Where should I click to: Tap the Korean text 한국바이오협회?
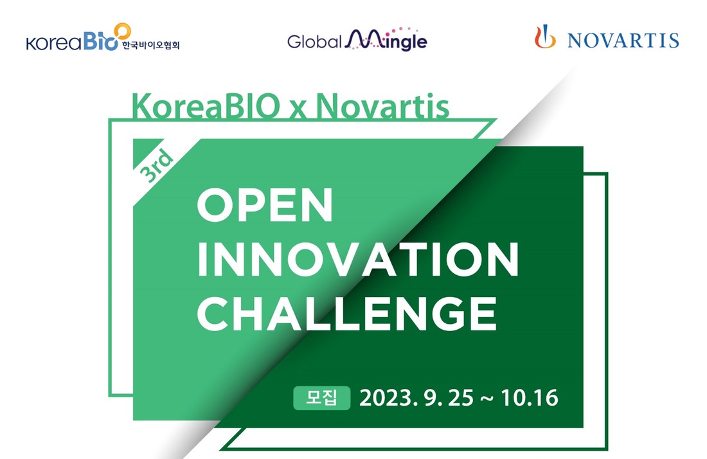coord(150,45)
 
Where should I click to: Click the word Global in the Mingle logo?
coord(314,42)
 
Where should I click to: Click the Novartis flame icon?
coord(545,37)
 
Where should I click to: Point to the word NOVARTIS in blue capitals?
coord(623,40)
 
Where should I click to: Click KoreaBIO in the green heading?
coord(206,107)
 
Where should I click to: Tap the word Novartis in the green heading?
coord(382,107)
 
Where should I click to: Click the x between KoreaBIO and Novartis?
coord(298,110)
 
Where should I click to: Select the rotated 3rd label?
coord(156,166)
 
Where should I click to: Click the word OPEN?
coord(265,205)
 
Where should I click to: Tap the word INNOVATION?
coord(358,259)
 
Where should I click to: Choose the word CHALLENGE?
coord(347,314)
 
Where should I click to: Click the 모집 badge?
coord(321,398)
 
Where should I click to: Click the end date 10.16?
coord(530,398)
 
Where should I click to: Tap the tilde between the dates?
coord(487,399)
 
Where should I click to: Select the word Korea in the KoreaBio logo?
coord(54,43)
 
